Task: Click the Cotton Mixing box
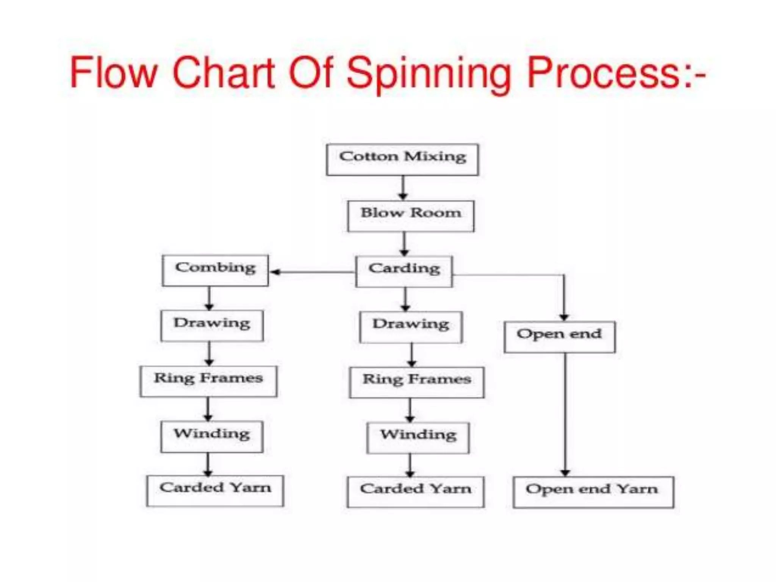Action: pos(402,160)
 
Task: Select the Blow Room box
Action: pos(411,216)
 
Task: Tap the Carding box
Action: pos(404,272)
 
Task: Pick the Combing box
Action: pos(215,271)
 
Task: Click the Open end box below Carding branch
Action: pos(559,337)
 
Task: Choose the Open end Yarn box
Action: pos(593,492)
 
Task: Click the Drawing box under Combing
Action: pos(212,326)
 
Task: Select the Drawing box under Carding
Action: pos(411,327)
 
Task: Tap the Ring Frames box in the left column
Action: pos(208,381)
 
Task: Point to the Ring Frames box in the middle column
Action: pos(417,382)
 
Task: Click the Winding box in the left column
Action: pos(212,436)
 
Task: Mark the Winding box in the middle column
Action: pos(418,438)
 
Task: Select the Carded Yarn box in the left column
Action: pos(215,491)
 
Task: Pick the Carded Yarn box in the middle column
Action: pos(416,492)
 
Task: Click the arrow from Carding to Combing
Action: pos(312,272)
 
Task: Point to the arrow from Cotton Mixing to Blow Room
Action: pos(403,188)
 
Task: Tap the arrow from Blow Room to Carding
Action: pos(404,244)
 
